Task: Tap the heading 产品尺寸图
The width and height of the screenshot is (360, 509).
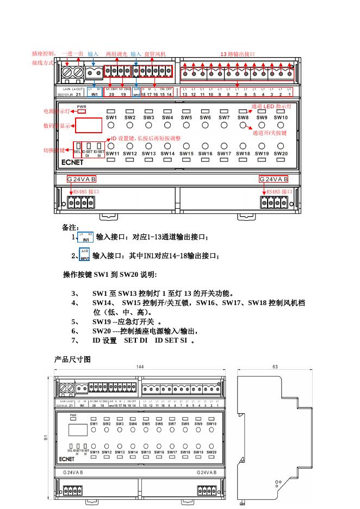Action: click(x=72, y=359)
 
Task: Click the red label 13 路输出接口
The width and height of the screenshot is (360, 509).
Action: click(x=237, y=54)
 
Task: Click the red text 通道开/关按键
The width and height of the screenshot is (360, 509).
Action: click(x=270, y=132)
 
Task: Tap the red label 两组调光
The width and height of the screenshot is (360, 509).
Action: click(x=116, y=54)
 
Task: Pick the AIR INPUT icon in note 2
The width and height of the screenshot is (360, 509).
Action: click(x=84, y=254)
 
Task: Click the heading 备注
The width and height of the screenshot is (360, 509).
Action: click(x=71, y=227)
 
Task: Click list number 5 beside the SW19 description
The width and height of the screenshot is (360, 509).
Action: click(x=75, y=321)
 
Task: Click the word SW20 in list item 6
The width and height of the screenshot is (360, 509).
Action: click(x=102, y=331)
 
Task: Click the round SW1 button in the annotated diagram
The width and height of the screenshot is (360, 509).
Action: click(x=111, y=125)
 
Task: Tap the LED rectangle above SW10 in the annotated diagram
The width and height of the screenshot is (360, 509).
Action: click(x=281, y=111)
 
